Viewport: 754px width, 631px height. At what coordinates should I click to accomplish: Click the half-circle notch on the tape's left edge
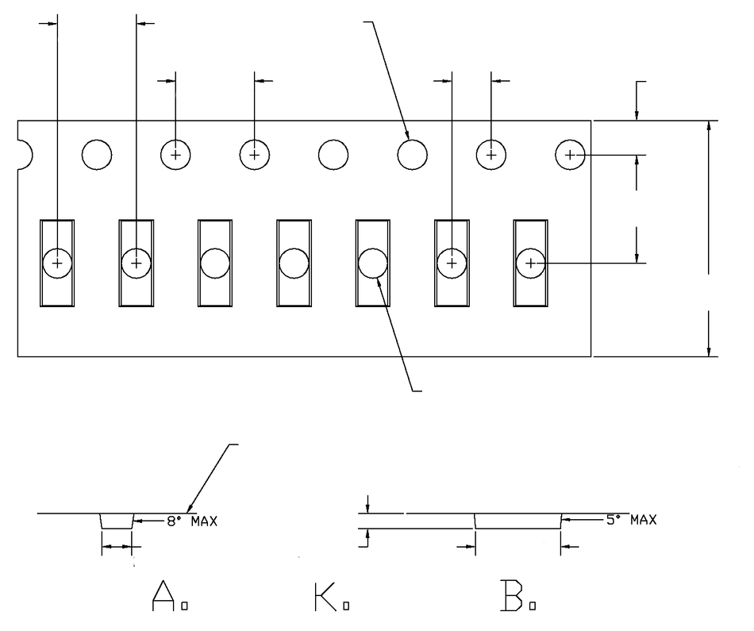point(23,155)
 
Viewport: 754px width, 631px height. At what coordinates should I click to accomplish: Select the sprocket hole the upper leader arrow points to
point(412,154)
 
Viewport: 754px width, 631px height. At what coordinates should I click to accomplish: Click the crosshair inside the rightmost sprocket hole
point(570,154)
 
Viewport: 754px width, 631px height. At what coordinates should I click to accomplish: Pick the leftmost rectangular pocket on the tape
point(57,262)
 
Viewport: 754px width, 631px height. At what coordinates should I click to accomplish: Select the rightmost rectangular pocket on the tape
point(530,262)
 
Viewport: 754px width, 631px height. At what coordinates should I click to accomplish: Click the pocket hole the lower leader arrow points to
point(372,262)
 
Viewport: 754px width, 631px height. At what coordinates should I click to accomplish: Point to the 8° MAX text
point(191,521)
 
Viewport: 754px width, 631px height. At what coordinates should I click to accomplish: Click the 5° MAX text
point(631,521)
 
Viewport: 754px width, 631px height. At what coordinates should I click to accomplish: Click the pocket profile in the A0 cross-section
point(117,521)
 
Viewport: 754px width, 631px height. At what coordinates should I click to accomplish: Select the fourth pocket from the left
point(294,262)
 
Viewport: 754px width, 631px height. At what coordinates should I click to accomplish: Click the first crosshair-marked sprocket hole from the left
point(175,154)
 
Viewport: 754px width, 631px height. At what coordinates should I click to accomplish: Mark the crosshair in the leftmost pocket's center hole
point(57,262)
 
